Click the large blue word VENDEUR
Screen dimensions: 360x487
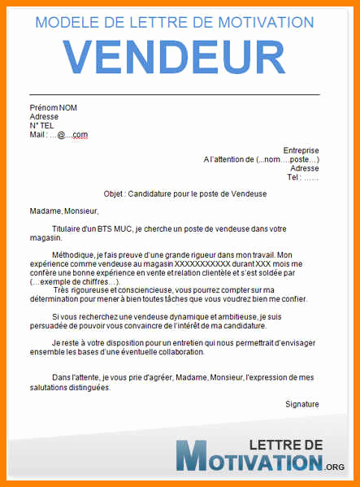(x=180, y=55)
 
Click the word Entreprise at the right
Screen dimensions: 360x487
(x=301, y=150)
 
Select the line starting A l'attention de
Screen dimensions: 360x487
(x=261, y=159)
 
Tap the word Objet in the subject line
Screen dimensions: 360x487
(x=115, y=194)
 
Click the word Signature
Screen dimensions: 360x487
(x=301, y=404)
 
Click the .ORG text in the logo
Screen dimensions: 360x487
(x=333, y=466)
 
